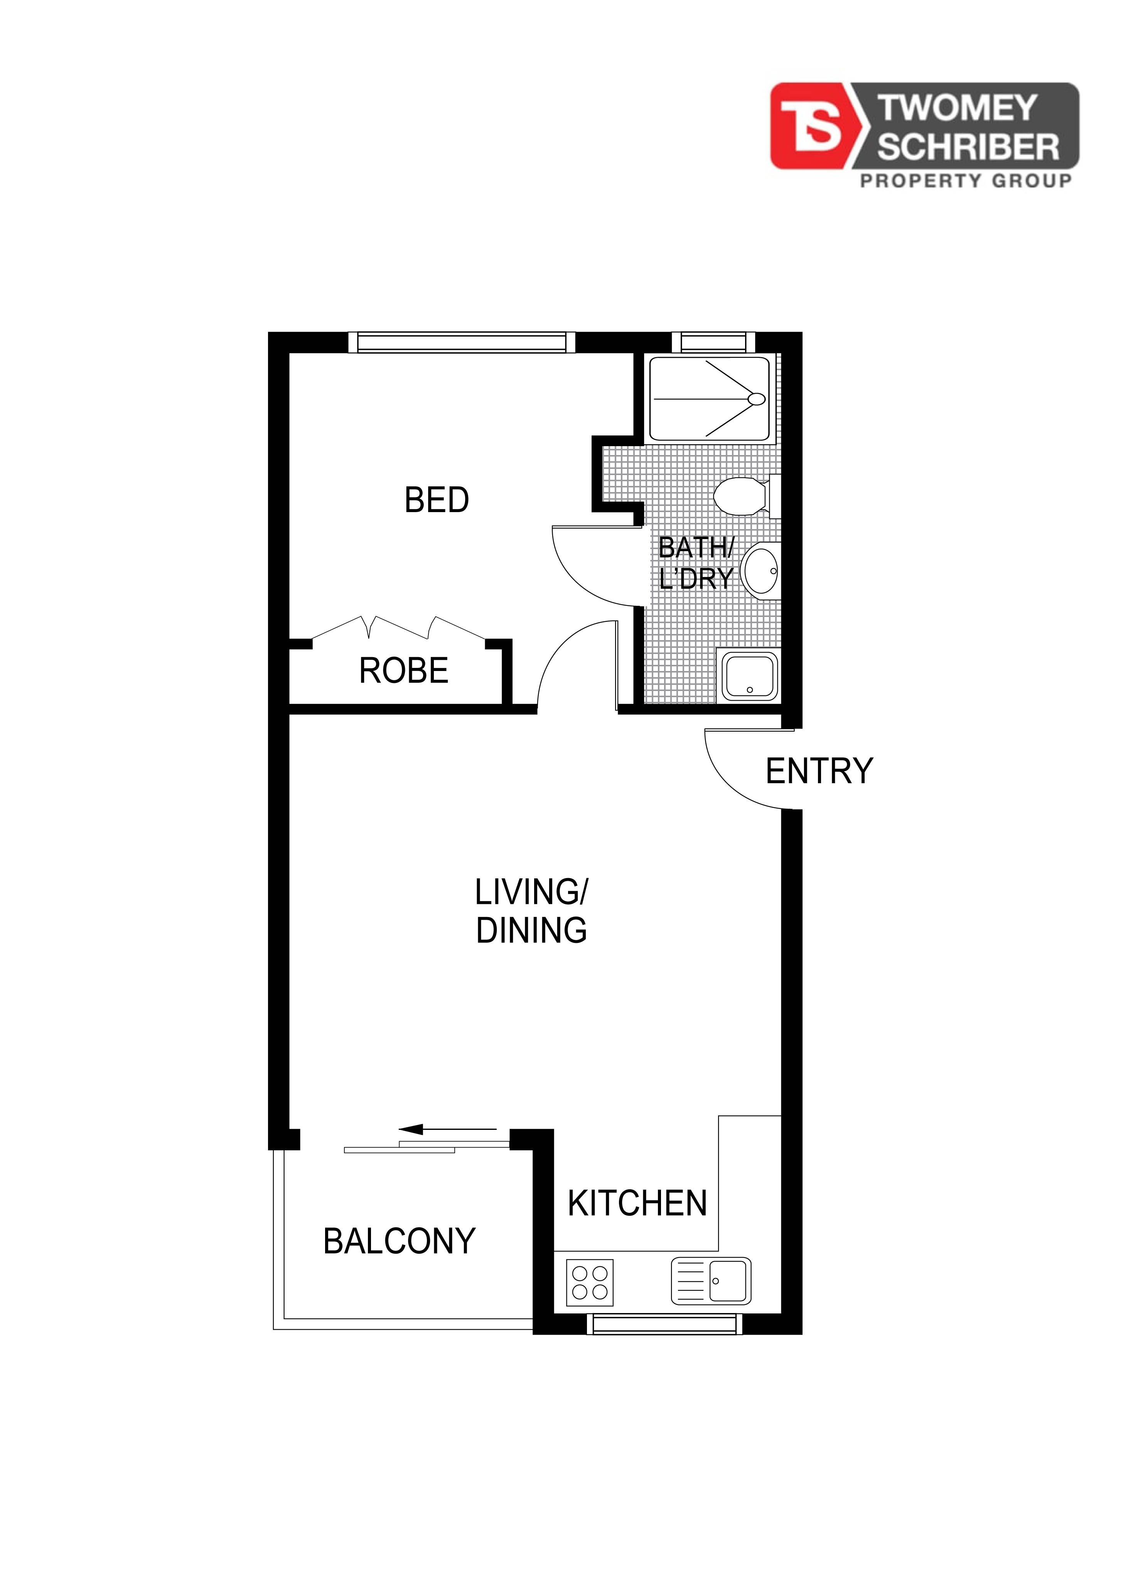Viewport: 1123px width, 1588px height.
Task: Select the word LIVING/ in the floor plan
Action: click(531, 893)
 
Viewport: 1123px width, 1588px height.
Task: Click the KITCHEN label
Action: click(637, 1204)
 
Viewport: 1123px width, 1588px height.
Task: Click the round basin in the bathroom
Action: click(760, 571)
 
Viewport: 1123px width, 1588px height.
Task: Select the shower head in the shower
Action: click(757, 399)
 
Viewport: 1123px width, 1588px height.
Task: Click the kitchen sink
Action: click(711, 1281)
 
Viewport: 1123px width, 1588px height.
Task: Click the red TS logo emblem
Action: click(816, 126)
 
